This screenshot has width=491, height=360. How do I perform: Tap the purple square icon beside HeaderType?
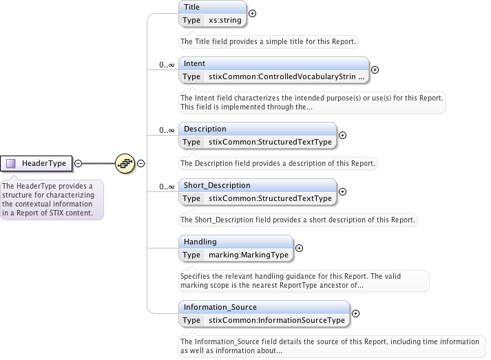[11, 163]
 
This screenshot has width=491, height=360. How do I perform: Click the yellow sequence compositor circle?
[125, 163]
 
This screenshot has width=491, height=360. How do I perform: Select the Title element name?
[192, 6]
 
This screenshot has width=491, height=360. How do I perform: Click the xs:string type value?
[225, 21]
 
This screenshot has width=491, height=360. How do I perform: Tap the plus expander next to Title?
[253, 13]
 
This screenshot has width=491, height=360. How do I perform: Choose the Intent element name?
[194, 63]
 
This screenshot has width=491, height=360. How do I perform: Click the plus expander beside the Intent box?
[375, 70]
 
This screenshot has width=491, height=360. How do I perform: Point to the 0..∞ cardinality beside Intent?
[167, 65]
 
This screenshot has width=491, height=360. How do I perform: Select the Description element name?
[205, 129]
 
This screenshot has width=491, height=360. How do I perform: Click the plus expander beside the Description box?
[343, 135]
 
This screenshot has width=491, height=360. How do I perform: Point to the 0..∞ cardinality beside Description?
[167, 130]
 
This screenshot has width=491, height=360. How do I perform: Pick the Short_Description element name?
[217, 185]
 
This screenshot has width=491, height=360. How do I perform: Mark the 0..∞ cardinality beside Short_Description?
[167, 187]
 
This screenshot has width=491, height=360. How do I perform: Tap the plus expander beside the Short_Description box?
[343, 191]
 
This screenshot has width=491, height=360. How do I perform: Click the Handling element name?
[200, 242]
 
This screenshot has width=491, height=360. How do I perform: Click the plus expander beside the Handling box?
[299, 248]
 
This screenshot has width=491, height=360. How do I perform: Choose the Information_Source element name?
[221, 306]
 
